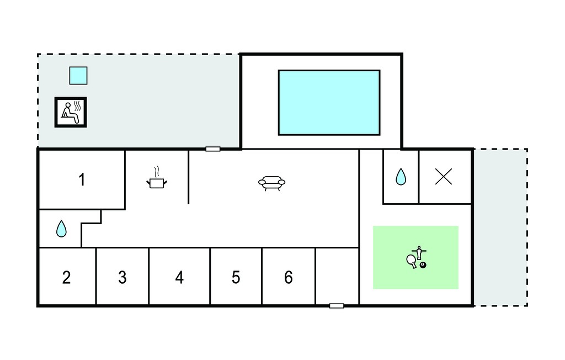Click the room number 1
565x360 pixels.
[x=82, y=179]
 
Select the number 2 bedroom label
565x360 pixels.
[x=66, y=277]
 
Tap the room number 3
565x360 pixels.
[x=122, y=277]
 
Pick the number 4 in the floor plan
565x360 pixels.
[x=179, y=277]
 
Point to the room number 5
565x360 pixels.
[x=236, y=277]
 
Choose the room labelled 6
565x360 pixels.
[x=288, y=277]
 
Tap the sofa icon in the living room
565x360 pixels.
[x=271, y=183]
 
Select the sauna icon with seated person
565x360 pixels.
[x=71, y=112]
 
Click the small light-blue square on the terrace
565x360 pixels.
[x=78, y=76]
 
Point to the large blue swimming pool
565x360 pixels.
[x=329, y=103]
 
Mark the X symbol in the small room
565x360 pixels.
[x=444, y=177]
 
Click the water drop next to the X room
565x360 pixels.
[x=401, y=177]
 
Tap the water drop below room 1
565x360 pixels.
[x=62, y=229]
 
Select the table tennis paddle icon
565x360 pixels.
[x=412, y=261]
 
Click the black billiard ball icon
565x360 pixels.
[x=423, y=265]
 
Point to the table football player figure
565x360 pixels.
[x=419, y=252]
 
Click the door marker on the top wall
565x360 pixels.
[x=213, y=149]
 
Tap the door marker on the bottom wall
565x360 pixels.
[x=337, y=306]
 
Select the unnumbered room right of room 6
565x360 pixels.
[x=337, y=276]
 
